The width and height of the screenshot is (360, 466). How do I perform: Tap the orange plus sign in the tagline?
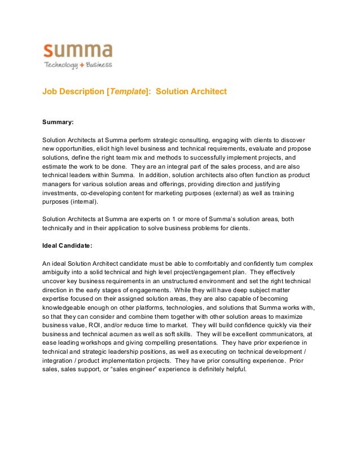click(x=82, y=65)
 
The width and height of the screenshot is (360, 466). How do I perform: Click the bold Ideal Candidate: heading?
click(x=69, y=245)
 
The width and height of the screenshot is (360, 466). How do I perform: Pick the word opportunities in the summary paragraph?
click(x=78, y=148)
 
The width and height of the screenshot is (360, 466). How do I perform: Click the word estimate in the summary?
click(x=55, y=166)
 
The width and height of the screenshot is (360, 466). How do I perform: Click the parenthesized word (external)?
click(x=215, y=193)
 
